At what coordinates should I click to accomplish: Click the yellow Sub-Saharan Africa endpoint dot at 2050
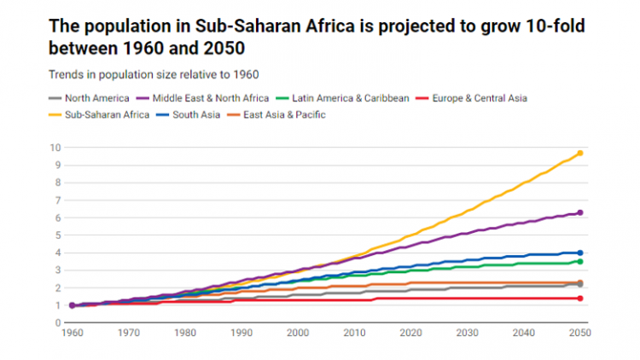pyautogui.click(x=580, y=153)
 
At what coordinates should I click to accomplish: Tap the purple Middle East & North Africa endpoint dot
pyautogui.click(x=580, y=212)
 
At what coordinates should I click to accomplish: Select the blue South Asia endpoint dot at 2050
pyautogui.click(x=580, y=253)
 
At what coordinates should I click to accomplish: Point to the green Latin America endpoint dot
pyautogui.click(x=580, y=261)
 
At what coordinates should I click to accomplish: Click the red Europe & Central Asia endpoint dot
pyautogui.click(x=580, y=299)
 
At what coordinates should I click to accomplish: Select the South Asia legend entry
pyautogui.click(x=197, y=114)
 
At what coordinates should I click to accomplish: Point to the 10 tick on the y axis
pyautogui.click(x=55, y=148)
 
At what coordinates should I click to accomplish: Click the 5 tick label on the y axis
pyautogui.click(x=57, y=235)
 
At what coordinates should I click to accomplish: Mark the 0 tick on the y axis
pyautogui.click(x=57, y=323)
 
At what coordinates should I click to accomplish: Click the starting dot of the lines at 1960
pyautogui.click(x=73, y=305)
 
